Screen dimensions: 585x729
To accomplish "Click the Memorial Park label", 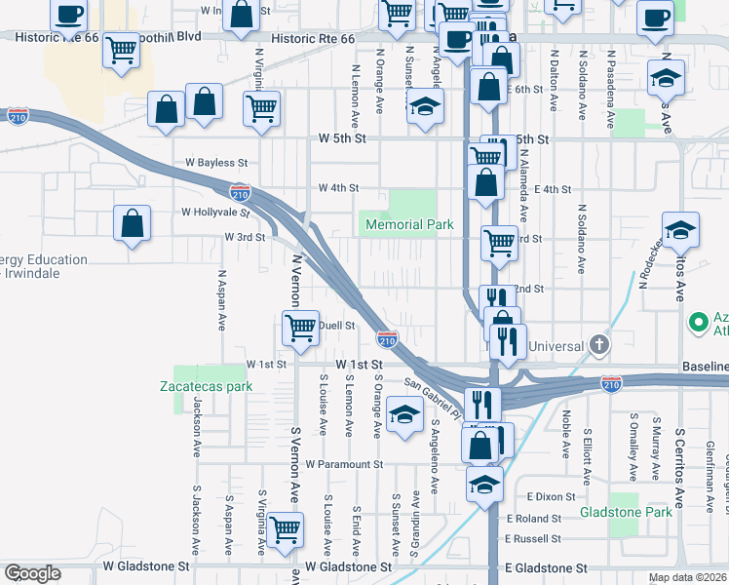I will coord(409,224).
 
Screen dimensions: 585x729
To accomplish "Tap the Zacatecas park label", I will coord(206,386).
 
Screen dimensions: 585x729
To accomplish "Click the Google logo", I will coord(32,573).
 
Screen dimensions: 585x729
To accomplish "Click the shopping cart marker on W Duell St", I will coord(301,329).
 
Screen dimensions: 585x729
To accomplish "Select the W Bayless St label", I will coord(215,163).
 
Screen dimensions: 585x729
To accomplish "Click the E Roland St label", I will coord(534,520).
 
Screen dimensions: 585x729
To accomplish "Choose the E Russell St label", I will coord(534,538).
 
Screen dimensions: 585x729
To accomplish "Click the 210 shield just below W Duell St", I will coord(387,339).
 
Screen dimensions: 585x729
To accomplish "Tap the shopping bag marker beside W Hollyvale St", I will coord(133,223).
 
